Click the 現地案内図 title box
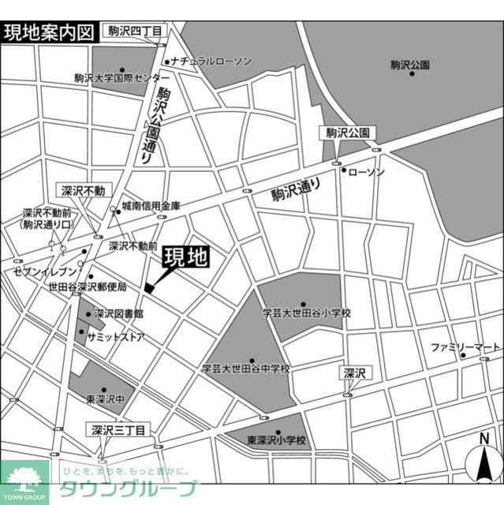(49, 32)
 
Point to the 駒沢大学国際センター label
(121, 78)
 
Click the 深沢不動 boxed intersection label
(88, 190)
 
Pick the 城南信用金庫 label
(151, 206)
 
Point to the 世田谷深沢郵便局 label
(87, 285)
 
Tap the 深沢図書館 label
(118, 313)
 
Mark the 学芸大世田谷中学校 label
(245, 368)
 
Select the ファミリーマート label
(466, 346)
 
